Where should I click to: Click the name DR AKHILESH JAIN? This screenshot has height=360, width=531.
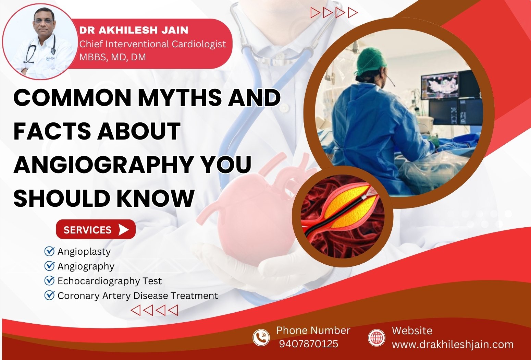[x=134, y=30]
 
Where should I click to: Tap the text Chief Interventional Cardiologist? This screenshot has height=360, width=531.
[x=152, y=44]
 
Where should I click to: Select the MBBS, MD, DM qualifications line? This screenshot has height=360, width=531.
[x=112, y=57]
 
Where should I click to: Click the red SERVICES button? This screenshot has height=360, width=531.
[x=96, y=229]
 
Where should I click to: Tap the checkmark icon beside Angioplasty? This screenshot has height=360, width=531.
[x=50, y=251]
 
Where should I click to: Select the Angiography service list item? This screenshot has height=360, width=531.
[x=86, y=266]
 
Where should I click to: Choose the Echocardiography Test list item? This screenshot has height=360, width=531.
[x=109, y=281]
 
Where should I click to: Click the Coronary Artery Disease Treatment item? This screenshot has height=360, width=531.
[x=137, y=296]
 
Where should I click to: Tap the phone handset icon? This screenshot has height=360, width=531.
[x=261, y=337]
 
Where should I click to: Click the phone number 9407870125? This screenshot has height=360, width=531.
[x=308, y=344]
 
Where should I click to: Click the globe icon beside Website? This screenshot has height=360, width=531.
[x=376, y=337]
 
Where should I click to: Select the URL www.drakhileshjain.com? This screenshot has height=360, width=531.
[x=453, y=344]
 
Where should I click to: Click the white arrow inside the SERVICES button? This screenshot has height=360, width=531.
[x=123, y=230]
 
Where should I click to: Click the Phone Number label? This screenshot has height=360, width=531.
[x=313, y=331]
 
